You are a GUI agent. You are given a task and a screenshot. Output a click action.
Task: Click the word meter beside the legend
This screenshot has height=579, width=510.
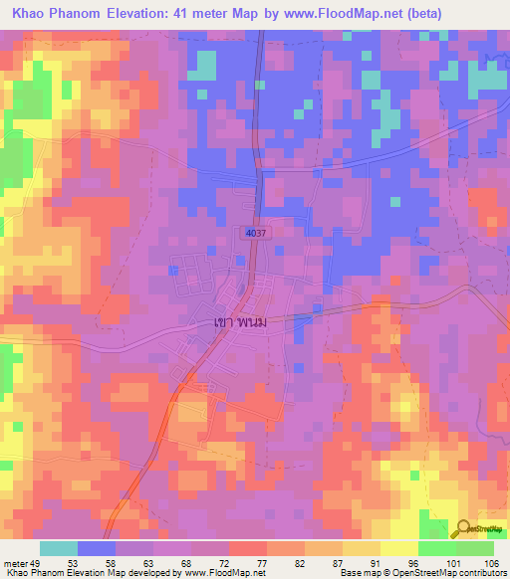click(x=16, y=562)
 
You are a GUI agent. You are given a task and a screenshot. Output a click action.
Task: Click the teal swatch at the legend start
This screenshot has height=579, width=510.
click(x=59, y=548)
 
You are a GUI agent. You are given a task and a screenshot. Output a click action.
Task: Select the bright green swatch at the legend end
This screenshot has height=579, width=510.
click(x=474, y=548)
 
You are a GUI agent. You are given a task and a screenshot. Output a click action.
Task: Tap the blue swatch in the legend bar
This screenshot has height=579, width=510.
click(x=97, y=548)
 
